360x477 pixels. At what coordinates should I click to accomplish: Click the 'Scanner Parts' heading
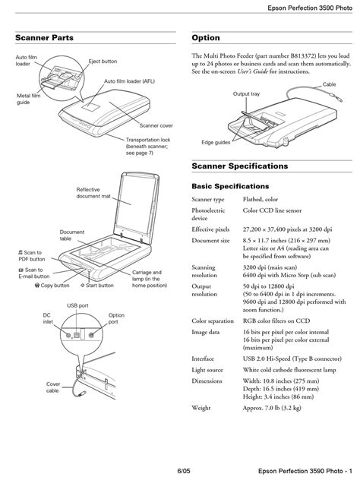[44, 38]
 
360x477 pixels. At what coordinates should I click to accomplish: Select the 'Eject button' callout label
[103, 62]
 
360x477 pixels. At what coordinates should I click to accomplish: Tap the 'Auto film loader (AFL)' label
[129, 81]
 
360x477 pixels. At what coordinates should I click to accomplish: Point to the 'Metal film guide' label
[28, 99]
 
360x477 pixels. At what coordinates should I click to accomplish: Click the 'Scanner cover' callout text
[156, 125]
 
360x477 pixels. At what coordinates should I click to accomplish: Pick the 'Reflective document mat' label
[93, 193]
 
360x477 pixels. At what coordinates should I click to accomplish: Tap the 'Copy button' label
[52, 286]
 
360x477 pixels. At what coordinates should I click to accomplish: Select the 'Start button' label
[97, 286]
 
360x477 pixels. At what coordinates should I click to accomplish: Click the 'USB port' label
[77, 305]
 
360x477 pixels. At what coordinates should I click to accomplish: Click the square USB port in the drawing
[77, 335]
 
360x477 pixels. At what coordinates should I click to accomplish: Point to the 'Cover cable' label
[53, 387]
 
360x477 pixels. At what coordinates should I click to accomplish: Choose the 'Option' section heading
[206, 38]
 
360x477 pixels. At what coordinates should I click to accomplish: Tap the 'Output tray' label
[246, 93]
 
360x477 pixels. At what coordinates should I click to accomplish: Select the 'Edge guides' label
[216, 142]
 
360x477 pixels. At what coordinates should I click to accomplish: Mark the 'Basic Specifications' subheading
[230, 186]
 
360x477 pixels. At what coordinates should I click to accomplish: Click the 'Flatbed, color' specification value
[261, 199]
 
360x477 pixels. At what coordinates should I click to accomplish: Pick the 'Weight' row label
[201, 408]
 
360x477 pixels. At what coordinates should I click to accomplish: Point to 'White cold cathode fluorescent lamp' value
[289, 370]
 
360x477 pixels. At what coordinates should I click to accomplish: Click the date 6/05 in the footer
[184, 471]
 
